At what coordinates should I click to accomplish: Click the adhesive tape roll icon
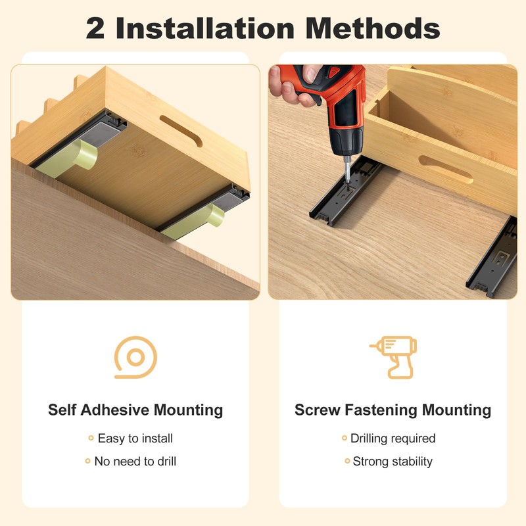[135, 358]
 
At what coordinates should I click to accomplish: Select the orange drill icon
[393, 357]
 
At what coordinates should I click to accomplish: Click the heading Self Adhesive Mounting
[135, 410]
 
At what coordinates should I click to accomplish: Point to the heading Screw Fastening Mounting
[393, 410]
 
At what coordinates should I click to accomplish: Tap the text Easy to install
[135, 438]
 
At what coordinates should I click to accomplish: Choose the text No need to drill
[135, 461]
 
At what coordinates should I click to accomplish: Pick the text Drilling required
[393, 438]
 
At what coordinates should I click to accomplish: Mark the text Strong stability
[393, 461]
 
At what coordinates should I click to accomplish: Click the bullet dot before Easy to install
[91, 438]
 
